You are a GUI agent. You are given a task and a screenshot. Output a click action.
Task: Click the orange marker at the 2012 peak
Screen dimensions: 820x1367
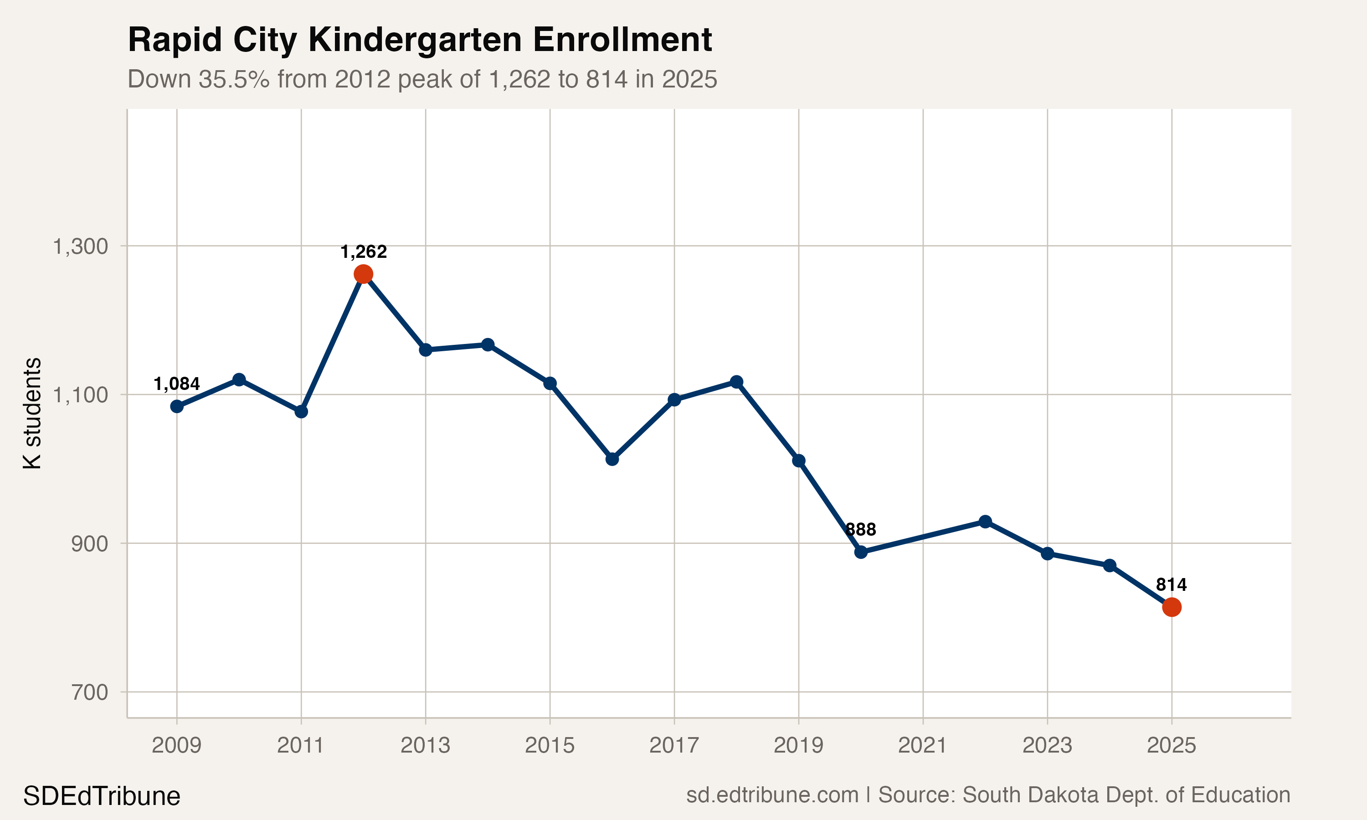[363, 274]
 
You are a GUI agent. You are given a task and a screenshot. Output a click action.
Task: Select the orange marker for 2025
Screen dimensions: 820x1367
[1172, 607]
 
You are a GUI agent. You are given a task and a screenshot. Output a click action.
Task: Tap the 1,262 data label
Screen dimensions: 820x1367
[363, 252]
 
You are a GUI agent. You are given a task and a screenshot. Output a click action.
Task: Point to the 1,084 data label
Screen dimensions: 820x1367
[176, 384]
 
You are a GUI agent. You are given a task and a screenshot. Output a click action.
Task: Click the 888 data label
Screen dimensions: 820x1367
[861, 529]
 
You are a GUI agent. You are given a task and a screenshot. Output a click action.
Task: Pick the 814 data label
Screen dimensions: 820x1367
[1171, 584]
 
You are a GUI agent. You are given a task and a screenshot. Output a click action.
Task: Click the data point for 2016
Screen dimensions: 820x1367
[612, 459]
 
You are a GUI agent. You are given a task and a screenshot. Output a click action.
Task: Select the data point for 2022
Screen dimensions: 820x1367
[985, 522]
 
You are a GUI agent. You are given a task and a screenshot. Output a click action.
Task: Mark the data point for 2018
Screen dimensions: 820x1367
[736, 382]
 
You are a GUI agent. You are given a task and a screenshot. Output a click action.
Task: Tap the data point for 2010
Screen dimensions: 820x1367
[239, 379]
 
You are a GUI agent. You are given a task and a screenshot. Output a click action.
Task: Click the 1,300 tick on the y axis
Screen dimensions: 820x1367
[80, 246]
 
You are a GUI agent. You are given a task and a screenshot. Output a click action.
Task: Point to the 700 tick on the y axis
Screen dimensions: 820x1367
[89, 692]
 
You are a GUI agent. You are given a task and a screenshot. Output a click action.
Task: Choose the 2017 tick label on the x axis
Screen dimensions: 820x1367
[673, 745]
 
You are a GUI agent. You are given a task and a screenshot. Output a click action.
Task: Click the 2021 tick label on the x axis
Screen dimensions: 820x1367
[922, 745]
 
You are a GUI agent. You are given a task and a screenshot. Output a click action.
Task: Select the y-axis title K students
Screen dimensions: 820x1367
[32, 413]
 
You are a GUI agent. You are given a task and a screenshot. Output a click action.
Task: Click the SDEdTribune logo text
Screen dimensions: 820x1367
[102, 796]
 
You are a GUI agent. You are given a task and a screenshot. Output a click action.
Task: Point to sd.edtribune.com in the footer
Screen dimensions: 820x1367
[772, 795]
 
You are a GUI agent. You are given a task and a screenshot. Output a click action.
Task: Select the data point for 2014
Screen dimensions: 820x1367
[488, 345]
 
